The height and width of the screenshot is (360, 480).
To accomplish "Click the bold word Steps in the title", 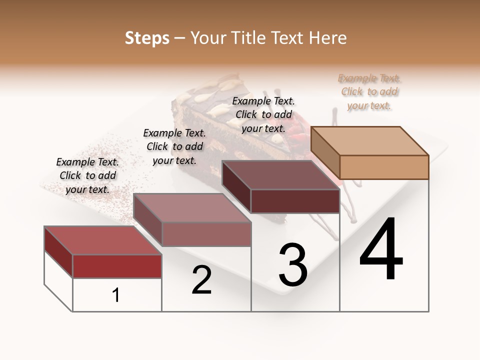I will click(147, 38).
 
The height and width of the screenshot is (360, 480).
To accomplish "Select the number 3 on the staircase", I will click(292, 265).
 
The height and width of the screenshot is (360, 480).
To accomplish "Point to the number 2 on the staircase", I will click(201, 280).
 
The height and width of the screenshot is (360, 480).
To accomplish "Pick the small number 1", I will click(115, 295).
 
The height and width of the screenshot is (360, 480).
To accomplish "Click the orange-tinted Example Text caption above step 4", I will click(369, 91).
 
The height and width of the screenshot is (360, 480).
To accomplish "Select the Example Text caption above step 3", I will click(263, 114).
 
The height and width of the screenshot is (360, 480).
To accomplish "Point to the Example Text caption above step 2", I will click(174, 146).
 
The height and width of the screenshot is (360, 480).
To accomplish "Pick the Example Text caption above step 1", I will click(87, 175).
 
